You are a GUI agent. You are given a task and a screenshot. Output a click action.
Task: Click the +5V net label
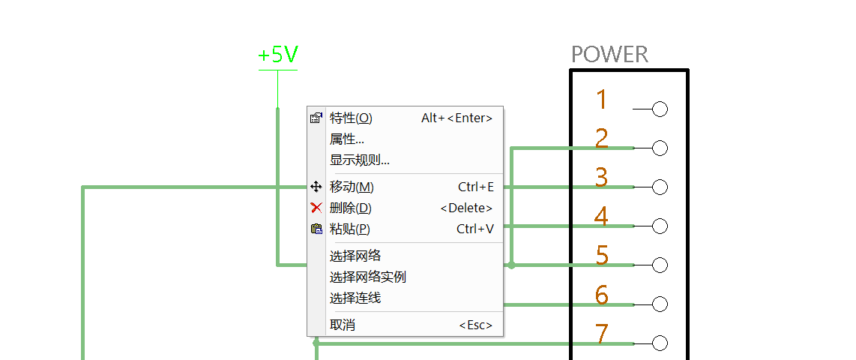277,55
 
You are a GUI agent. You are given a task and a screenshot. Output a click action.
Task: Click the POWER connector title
609,55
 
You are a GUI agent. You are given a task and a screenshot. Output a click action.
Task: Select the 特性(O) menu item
351,118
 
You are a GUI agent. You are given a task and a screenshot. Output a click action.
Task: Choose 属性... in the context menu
347,139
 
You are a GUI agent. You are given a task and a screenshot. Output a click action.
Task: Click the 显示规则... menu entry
360,160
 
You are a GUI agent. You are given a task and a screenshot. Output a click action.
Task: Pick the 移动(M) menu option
352,187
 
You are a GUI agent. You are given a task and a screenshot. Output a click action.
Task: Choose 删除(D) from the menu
351,208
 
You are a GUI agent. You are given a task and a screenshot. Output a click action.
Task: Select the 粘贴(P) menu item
350,229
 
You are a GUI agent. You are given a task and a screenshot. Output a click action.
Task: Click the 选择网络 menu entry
355,256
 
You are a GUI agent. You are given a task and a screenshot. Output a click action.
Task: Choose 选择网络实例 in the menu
368,277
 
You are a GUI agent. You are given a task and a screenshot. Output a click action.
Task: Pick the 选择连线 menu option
355,298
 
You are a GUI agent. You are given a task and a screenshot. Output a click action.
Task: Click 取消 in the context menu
343,325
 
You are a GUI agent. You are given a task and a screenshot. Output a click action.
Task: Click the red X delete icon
316,208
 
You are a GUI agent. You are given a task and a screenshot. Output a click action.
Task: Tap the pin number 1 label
601,100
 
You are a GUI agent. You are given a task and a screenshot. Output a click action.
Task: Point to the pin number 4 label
601,217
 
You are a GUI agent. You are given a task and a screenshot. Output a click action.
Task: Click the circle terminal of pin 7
660,343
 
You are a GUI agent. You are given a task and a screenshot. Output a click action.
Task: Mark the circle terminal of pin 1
660,109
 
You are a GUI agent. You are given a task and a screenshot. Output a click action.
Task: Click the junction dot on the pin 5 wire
511,265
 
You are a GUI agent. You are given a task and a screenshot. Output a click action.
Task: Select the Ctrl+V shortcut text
474,229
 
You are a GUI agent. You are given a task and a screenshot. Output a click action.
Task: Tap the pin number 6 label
601,295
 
